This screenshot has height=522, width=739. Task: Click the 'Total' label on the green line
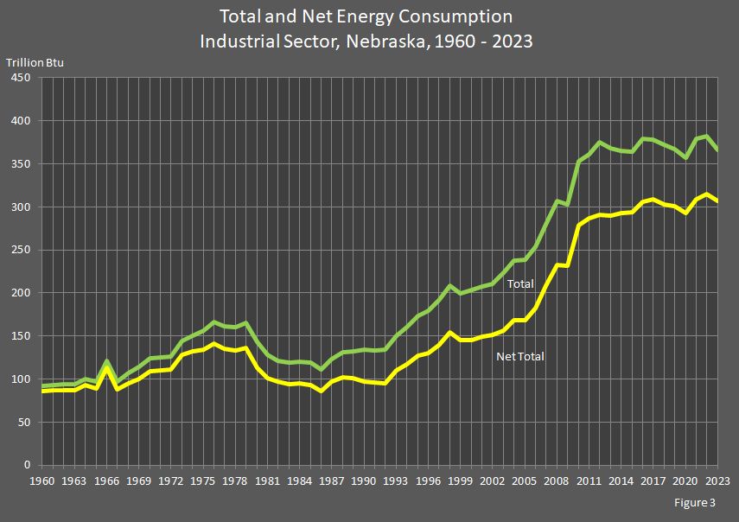pyautogui.click(x=520, y=283)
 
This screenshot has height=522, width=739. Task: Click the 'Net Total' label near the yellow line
pyautogui.click(x=519, y=356)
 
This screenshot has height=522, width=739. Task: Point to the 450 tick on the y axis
pyautogui.click(x=22, y=78)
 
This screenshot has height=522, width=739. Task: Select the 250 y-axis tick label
pyautogui.click(x=22, y=250)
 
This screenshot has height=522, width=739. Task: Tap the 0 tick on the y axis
pyautogui.click(x=28, y=465)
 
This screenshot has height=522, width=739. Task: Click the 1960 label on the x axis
pyautogui.click(x=41, y=481)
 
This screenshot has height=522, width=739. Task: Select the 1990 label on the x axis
pyautogui.click(x=364, y=481)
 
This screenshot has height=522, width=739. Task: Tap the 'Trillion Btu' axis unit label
pyautogui.click(x=35, y=61)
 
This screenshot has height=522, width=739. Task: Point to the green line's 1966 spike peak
pyautogui.click(x=105, y=361)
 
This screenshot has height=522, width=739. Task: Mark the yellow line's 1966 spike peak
pyautogui.click(x=105, y=369)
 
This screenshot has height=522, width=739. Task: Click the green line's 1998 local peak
pyautogui.click(x=449, y=285)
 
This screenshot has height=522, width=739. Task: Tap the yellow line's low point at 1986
pyautogui.click(x=321, y=391)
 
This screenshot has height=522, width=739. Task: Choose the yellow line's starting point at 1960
pyautogui.click(x=41, y=391)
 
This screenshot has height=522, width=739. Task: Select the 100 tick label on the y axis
pyautogui.click(x=22, y=379)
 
